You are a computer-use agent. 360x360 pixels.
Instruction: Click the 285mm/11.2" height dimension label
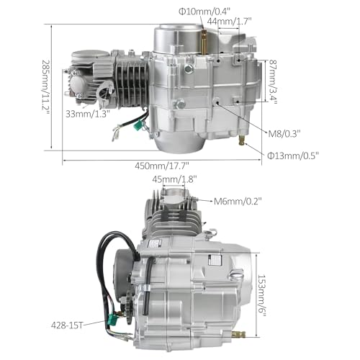coord(45,87)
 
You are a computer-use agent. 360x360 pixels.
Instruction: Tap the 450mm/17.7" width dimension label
coord(162,166)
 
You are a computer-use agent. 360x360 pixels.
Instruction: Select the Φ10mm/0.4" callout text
coord(204,11)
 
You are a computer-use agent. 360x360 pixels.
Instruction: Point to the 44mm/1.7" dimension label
coord(229,22)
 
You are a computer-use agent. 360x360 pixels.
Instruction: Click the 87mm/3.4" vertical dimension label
coord(273,82)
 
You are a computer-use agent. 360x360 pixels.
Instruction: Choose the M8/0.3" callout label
coord(284,133)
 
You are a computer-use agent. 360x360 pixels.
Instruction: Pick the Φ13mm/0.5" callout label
coord(293,156)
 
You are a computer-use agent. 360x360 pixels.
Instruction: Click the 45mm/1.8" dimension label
coord(175,179)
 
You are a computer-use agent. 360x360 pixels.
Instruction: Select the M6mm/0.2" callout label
coord(238,201)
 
